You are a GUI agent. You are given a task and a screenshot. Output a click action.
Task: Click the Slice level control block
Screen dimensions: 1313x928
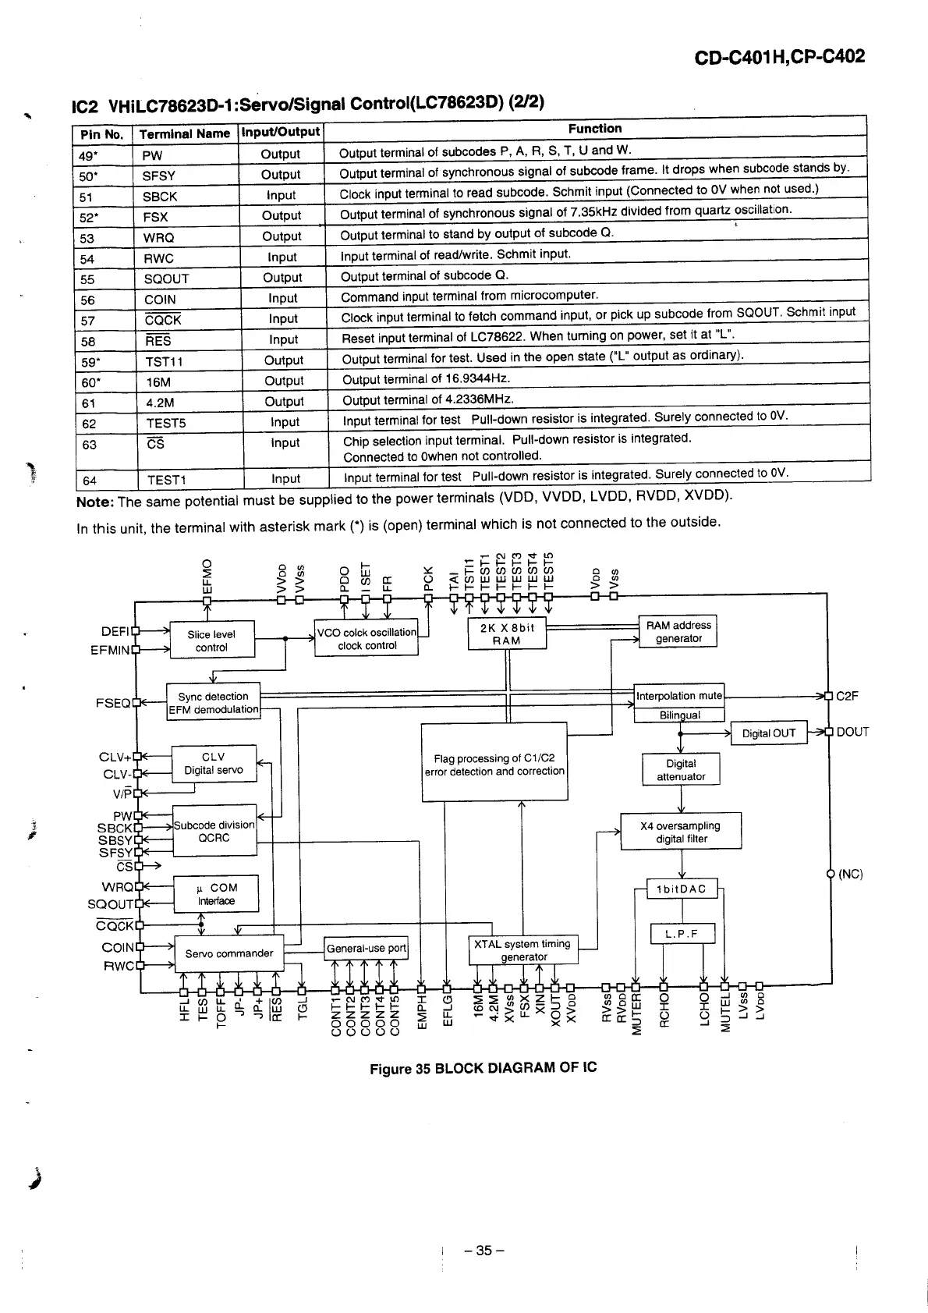coord(211,641)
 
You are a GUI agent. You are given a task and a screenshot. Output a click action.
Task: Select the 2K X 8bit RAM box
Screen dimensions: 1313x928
coord(506,634)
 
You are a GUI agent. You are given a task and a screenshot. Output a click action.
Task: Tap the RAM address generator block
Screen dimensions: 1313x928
coord(678,632)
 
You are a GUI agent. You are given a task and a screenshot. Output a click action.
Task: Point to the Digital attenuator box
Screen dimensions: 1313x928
coord(681,770)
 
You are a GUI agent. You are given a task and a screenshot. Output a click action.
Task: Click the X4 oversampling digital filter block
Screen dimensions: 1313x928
coord(681,832)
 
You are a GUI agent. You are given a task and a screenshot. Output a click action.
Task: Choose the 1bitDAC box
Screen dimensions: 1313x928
coord(682,889)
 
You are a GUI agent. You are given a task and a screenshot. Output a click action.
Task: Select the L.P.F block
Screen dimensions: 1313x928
coord(682,934)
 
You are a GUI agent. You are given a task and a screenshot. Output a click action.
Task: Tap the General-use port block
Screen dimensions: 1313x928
coord(366,949)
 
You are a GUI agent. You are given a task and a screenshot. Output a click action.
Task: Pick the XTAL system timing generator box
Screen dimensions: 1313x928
coord(523,950)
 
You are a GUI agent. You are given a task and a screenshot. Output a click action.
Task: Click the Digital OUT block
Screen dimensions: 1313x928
coord(768,733)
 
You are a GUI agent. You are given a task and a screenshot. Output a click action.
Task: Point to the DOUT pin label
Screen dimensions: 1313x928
coord(852,732)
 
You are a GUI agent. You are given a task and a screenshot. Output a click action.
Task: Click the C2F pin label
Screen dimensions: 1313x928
coord(847,696)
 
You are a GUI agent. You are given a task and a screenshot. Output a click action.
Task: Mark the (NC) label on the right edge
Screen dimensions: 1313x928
coord(851,874)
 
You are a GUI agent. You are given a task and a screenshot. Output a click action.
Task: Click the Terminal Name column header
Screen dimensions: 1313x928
coord(185,133)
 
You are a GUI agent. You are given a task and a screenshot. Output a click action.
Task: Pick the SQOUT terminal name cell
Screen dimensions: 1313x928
coord(166,279)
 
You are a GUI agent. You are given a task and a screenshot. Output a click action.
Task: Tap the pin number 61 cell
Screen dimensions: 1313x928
coord(87,403)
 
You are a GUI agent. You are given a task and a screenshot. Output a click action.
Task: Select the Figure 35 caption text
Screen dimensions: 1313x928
coord(483,1067)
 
